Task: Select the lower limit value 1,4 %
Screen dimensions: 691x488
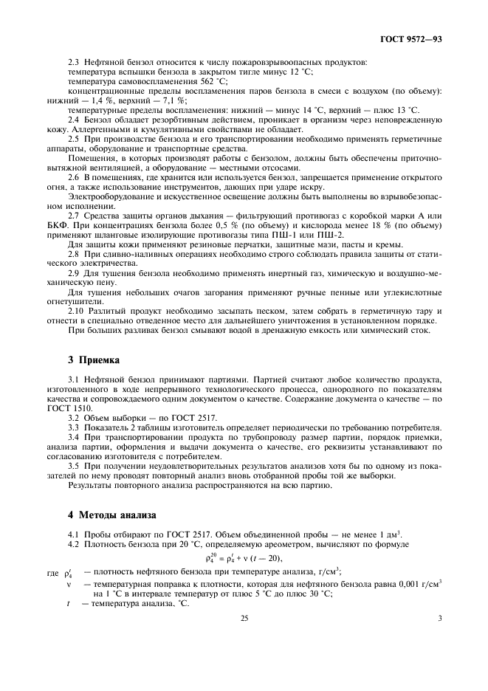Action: [x=99, y=100]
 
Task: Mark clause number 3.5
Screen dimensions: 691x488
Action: [x=73, y=467]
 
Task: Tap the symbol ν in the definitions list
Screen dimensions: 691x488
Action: [x=68, y=582]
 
